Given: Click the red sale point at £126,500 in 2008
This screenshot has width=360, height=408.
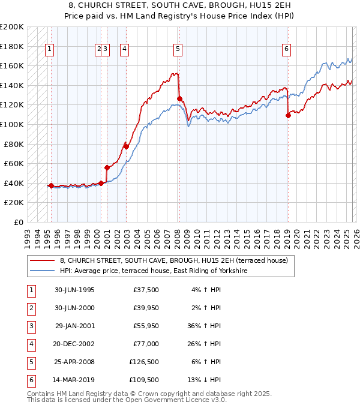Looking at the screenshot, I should [179, 98].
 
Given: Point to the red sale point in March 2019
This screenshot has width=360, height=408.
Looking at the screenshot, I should [288, 115].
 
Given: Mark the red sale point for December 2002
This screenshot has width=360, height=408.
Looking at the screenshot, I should [126, 146].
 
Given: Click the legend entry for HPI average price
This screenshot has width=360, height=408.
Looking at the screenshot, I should [154, 271].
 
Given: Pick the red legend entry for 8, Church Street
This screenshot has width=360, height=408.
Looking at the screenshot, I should [174, 260].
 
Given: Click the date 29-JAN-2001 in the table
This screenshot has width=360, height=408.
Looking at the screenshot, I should [74, 326].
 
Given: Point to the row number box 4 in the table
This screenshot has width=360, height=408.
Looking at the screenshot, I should [29, 344].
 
